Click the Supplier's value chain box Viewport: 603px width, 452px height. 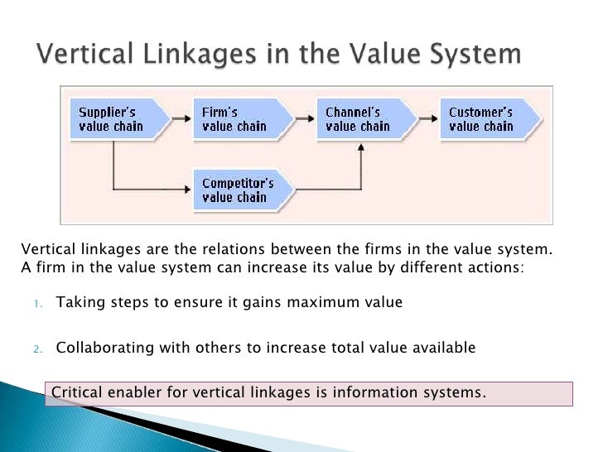click(x=115, y=119)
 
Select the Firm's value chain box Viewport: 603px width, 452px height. click(x=239, y=119)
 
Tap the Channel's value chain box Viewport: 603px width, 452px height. click(x=362, y=119)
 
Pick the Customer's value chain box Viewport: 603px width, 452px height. click(x=486, y=119)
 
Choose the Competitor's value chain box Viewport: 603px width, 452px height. click(x=239, y=190)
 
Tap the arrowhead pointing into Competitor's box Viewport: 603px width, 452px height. click(x=185, y=190)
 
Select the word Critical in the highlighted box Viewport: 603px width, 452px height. click(x=77, y=392)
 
